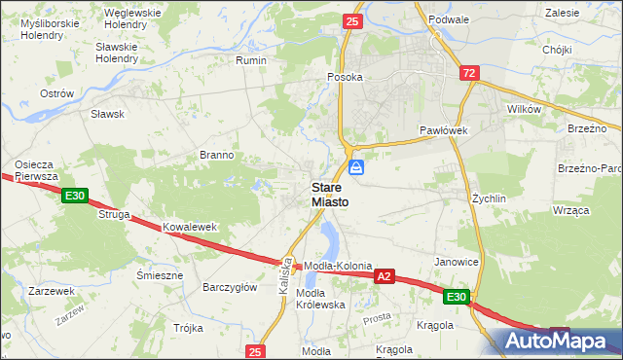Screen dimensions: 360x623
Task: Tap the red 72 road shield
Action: (470, 73)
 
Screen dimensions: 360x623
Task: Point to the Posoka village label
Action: (345, 77)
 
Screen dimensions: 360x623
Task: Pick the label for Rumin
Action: (251, 60)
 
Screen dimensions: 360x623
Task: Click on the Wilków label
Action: (524, 110)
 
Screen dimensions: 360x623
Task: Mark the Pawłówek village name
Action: (445, 129)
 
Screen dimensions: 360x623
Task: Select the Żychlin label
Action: (489, 198)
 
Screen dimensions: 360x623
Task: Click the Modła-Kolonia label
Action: (339, 266)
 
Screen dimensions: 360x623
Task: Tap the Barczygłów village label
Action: (229, 287)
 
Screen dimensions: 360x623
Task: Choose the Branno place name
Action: (216, 155)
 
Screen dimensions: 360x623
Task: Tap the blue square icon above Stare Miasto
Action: (357, 167)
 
